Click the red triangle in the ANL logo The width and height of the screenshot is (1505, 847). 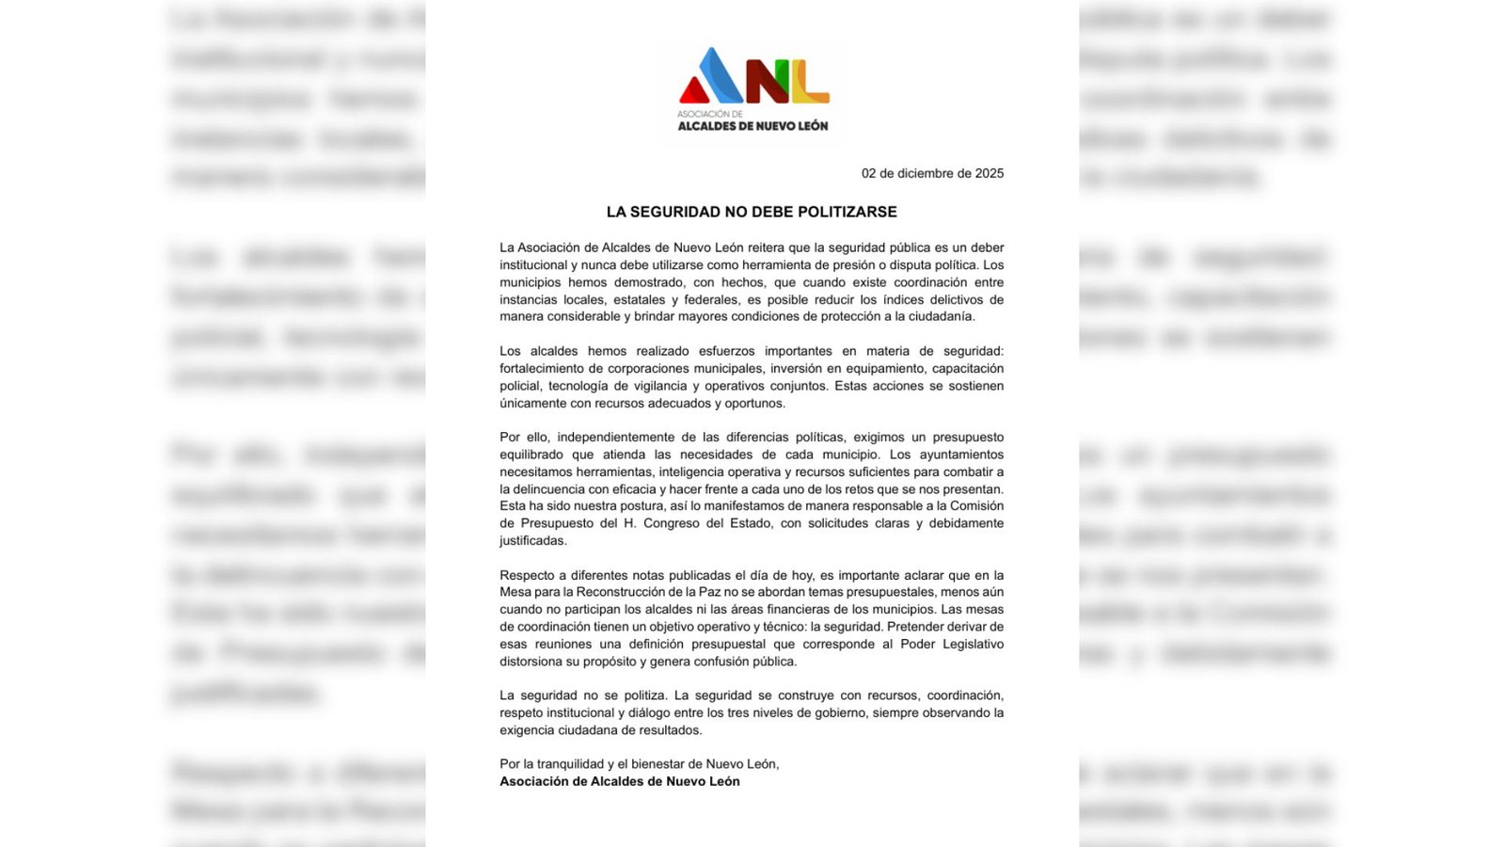tap(693, 91)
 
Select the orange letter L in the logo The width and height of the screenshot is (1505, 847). tap(810, 83)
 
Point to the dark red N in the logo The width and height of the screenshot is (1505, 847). tap(767, 81)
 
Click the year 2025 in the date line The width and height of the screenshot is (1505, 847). tap(990, 173)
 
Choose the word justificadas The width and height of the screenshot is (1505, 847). tap(533, 541)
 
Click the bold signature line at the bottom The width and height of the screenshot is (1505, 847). tap(620, 782)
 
